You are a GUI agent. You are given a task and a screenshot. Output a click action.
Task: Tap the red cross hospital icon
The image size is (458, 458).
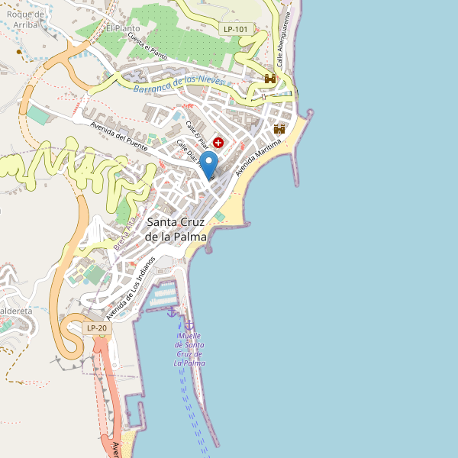pyautogui.click(x=219, y=143)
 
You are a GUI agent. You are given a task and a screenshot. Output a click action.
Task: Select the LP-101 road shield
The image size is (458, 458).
pyautogui.click(x=236, y=29)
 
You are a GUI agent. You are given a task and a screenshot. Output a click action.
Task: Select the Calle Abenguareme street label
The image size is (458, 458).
pyautogui.click(x=284, y=41)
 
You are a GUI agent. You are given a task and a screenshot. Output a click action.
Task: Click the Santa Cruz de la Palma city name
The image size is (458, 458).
pyautogui.click(x=176, y=229)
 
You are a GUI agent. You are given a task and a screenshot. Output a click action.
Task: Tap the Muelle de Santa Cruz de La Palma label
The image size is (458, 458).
pyautogui.click(x=189, y=350)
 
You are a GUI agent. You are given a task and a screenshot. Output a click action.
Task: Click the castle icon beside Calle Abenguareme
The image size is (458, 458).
pyautogui.click(x=269, y=79)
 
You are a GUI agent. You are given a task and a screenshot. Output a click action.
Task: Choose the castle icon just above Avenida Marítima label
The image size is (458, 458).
pyautogui.click(x=279, y=129)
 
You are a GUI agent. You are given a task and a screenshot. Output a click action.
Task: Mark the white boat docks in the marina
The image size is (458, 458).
pyautogui.click(x=163, y=295)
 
